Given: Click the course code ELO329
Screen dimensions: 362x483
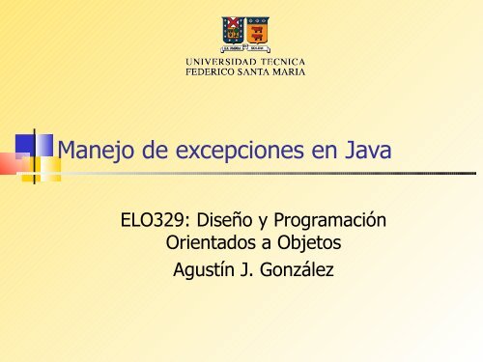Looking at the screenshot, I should point(148,221).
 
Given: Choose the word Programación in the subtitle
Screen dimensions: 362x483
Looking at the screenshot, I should point(328,221).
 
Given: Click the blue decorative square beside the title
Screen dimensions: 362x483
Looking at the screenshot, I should point(40,145).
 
